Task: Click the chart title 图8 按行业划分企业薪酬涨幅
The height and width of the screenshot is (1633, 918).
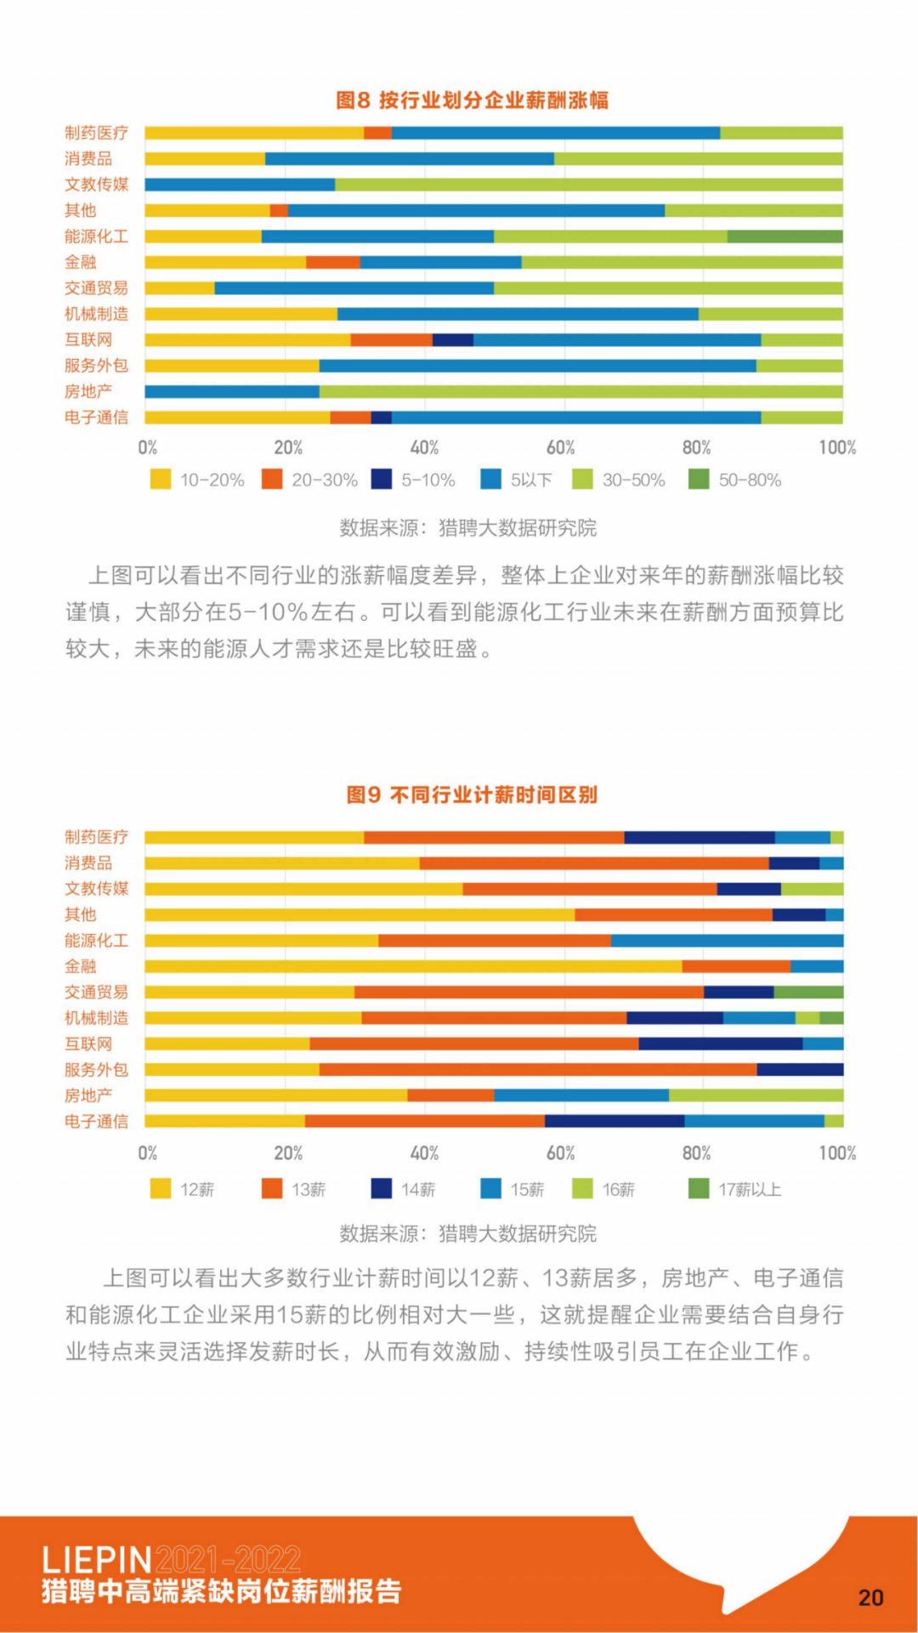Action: point(472,100)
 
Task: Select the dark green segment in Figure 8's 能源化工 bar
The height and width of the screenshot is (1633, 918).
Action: point(785,236)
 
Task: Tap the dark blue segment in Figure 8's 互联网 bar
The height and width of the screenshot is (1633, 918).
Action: point(452,340)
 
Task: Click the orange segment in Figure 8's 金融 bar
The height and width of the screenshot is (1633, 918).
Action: point(332,262)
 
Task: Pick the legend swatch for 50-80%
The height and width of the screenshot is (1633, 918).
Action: point(698,480)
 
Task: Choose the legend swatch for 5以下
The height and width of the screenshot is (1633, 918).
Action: point(490,480)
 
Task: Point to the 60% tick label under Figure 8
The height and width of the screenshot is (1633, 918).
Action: point(560,448)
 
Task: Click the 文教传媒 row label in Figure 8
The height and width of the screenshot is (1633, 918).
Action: point(96,185)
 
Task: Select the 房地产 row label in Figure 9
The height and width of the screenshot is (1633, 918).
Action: point(88,1095)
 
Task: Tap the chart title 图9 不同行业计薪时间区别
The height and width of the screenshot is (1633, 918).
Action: point(472,795)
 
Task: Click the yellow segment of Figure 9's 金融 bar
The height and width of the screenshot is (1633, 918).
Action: point(413,966)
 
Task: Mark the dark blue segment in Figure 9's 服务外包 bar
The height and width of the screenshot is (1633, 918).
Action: point(800,1070)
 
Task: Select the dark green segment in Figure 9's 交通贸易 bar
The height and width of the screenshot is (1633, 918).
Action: point(808,993)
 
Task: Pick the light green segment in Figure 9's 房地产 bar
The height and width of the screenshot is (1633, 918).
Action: point(756,1095)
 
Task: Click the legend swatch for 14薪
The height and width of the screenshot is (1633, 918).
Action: point(382,1189)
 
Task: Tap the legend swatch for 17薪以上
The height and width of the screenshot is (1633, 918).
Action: point(698,1189)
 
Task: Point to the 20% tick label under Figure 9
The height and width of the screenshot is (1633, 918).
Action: point(288,1153)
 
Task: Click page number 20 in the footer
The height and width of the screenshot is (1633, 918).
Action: point(870,1597)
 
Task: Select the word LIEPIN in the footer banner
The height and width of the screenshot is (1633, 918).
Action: point(97,1560)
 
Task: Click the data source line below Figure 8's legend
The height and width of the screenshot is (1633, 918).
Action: point(467,528)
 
